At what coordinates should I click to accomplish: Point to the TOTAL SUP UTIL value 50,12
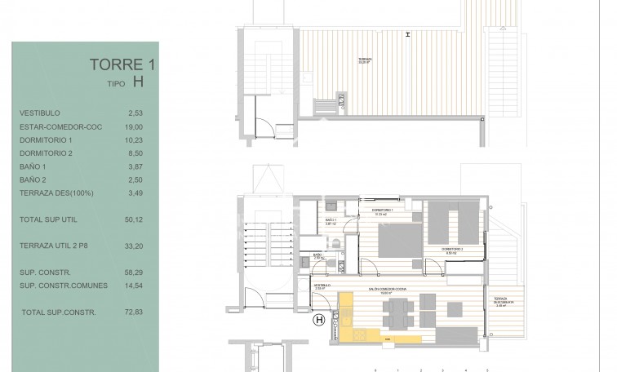[131, 219]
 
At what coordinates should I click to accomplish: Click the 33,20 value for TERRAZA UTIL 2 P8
[131, 245]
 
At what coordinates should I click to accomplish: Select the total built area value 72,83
[131, 312]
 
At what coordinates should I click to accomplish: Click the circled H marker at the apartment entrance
[319, 321]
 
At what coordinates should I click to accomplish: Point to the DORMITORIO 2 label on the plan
[453, 248]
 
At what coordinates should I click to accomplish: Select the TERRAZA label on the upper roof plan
[365, 59]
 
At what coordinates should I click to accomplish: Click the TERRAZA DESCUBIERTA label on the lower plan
[505, 303]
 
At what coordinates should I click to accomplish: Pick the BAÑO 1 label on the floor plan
[331, 220]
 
